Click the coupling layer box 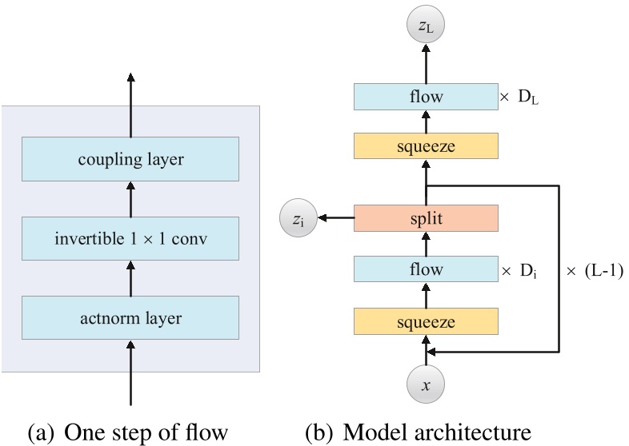click(x=131, y=159)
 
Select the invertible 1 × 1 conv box click(x=131, y=238)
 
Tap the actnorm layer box click(x=131, y=318)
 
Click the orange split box click(x=426, y=217)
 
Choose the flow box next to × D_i click(x=426, y=270)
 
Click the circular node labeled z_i click(x=295, y=217)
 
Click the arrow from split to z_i click(x=335, y=217)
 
